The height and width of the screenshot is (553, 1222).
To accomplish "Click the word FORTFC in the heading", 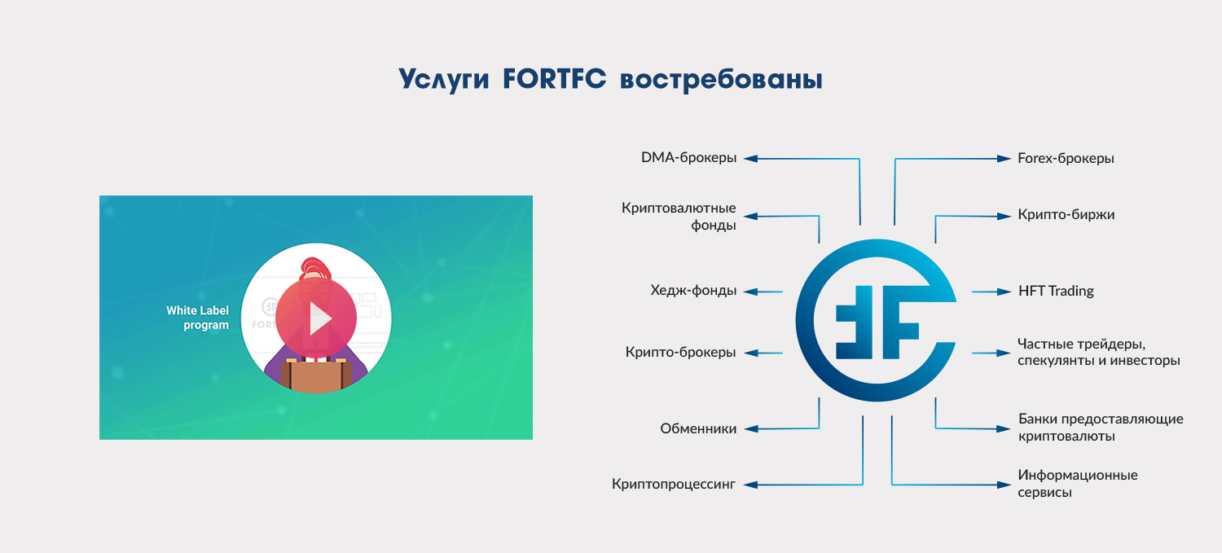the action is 554,78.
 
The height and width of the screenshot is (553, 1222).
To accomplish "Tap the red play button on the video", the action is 316,318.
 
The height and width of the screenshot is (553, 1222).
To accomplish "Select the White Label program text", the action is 197,318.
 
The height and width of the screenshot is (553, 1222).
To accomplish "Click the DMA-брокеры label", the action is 688,158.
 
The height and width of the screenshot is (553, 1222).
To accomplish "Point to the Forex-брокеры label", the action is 1066,158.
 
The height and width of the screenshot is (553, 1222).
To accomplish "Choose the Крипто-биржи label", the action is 1066,215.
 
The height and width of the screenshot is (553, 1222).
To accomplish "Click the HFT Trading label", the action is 1056,292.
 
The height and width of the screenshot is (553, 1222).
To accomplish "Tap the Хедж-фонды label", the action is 693,290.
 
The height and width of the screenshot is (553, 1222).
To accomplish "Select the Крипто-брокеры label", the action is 681,353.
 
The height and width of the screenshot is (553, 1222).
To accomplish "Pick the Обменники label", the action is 698,428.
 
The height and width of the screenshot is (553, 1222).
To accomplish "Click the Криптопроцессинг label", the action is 674,485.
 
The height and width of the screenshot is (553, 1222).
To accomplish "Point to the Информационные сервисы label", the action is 1078,483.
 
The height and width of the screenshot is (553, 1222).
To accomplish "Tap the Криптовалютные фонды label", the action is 679,217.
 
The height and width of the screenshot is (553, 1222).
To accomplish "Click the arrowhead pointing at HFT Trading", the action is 1004,292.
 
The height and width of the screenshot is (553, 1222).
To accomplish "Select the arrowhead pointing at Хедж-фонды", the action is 751,292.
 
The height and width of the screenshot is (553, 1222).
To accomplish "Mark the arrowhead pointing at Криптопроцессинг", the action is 750,485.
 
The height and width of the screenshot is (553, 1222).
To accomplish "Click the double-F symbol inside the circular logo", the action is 877,322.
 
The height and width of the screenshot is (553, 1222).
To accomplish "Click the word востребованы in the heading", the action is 721,80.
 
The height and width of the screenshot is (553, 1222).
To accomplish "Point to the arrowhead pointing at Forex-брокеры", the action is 1004,159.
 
